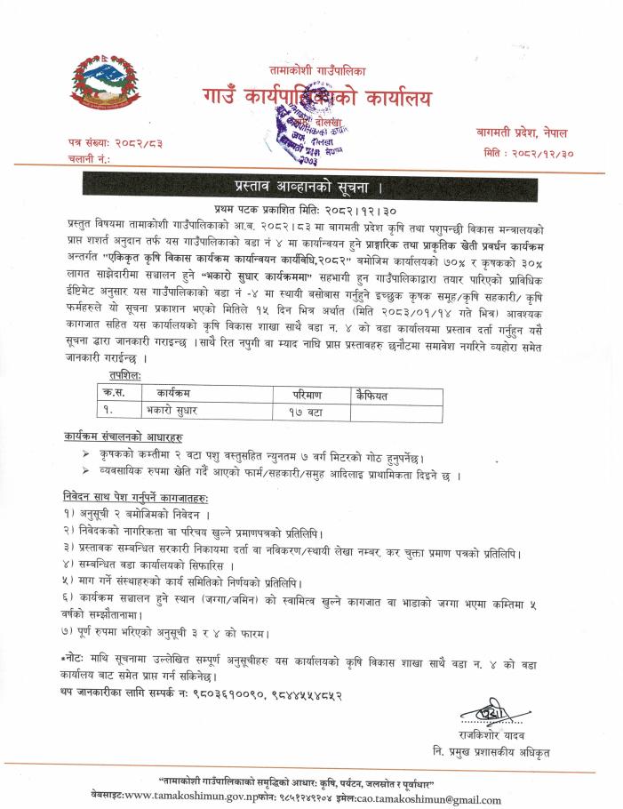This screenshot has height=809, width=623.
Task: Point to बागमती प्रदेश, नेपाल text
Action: (x=520, y=132)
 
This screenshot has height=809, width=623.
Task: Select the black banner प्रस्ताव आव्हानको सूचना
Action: (x=311, y=188)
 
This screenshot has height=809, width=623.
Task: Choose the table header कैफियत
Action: (x=374, y=392)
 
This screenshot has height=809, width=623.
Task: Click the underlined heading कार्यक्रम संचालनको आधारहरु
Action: (x=123, y=438)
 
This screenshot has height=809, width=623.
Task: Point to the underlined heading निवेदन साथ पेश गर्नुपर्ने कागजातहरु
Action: (x=146, y=498)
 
